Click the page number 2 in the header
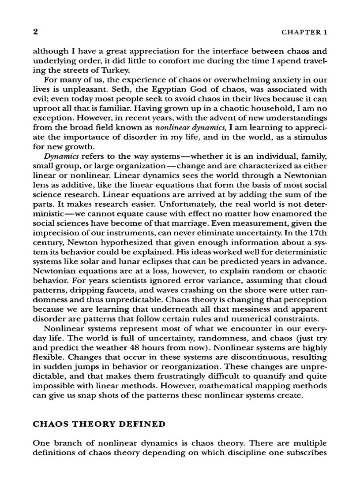(x=36, y=32)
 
